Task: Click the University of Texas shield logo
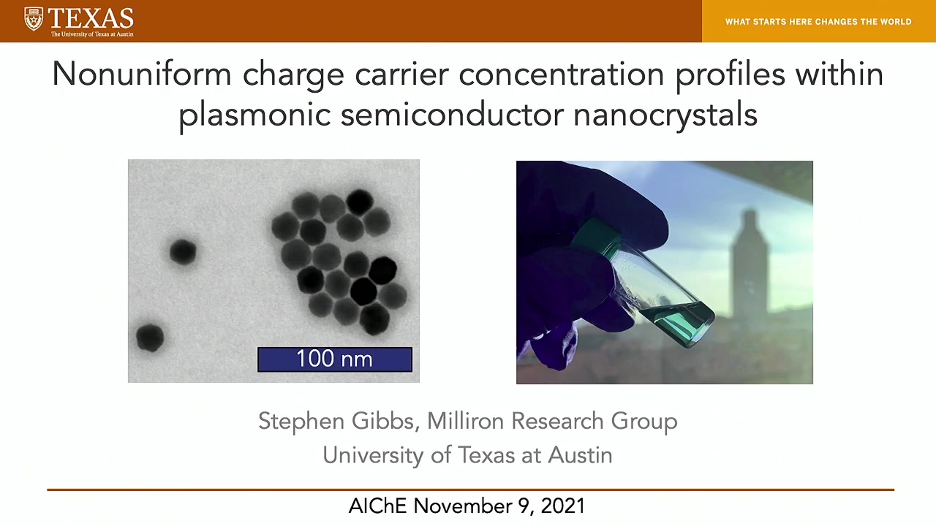click(x=34, y=19)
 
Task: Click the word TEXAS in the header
click(x=91, y=18)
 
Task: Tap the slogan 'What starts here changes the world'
click(x=818, y=22)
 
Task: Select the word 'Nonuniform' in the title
click(x=142, y=75)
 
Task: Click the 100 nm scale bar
click(x=335, y=359)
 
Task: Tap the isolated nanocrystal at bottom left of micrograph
click(x=150, y=338)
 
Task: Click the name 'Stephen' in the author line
click(x=301, y=421)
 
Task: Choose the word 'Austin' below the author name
click(x=580, y=454)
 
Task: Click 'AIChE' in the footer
click(x=377, y=506)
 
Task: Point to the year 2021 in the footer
click(x=563, y=506)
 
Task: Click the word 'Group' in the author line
click(x=644, y=421)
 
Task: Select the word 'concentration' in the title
click(x=561, y=75)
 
